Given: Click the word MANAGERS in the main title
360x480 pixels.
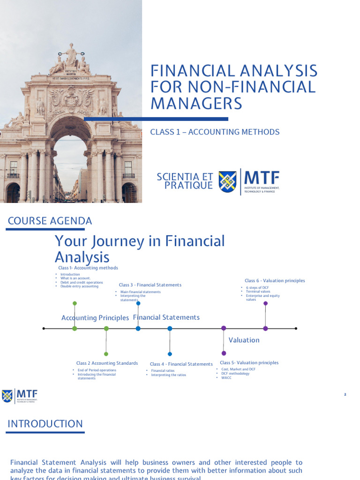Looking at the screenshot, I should click(x=196, y=103).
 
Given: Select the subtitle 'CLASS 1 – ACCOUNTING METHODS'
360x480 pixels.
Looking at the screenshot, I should click(x=215, y=132).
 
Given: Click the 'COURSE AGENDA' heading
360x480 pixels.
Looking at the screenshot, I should click(x=50, y=221).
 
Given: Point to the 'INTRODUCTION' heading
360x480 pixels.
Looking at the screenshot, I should click(x=45, y=424).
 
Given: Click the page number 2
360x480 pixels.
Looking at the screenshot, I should click(x=345, y=395).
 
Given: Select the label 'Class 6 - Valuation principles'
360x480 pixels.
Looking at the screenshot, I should click(x=271, y=281).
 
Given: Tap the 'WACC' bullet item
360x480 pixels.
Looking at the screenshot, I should click(x=227, y=378).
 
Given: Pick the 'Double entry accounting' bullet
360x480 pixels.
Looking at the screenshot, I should click(x=79, y=286).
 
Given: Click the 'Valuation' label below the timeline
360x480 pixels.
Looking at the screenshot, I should click(x=244, y=340).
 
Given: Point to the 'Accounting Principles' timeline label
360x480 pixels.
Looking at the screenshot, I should click(x=95, y=318).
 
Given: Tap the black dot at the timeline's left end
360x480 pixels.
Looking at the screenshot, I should click(x=44, y=329).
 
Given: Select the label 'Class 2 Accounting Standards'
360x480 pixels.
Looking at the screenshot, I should click(x=107, y=363).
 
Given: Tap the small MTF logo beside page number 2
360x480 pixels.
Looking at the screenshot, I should click(x=20, y=396).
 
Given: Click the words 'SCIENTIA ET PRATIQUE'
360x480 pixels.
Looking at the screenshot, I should click(x=185, y=181).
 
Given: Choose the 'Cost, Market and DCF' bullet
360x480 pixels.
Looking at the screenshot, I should click(x=239, y=369).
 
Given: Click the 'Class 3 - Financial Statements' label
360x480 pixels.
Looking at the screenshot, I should click(x=150, y=285).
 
